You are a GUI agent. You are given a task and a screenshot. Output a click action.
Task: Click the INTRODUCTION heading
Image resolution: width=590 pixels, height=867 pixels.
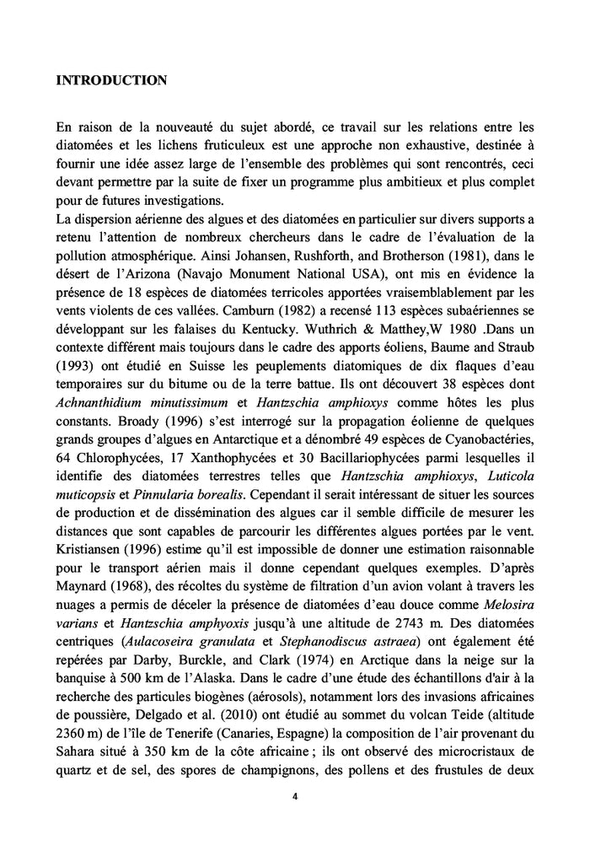pyautogui.click(x=111, y=81)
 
